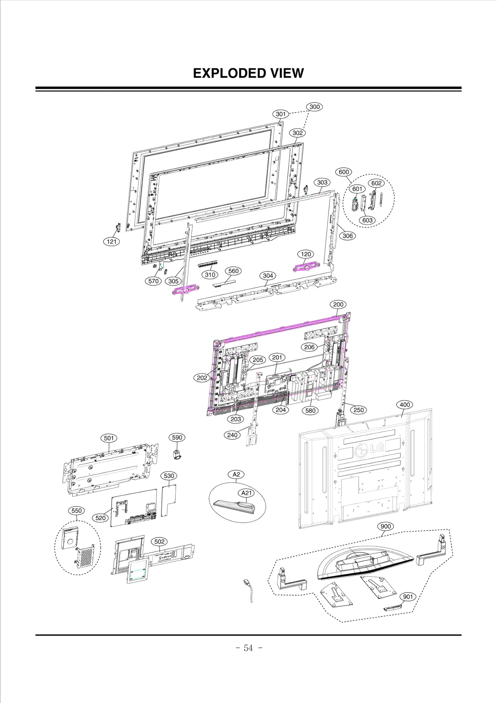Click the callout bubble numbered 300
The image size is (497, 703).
coord(314,107)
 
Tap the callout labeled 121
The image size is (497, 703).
coord(112,241)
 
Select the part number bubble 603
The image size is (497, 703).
coord(367,220)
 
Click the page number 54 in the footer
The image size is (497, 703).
coord(248,648)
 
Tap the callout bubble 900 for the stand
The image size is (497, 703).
coord(385,526)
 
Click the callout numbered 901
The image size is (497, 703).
coord(408,596)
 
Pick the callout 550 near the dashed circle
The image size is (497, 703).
coord(76,510)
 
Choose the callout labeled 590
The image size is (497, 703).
coord(177,438)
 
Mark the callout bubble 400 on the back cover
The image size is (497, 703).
coord(404,405)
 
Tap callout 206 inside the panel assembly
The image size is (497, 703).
coord(309,347)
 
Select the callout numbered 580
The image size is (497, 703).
coord(310,410)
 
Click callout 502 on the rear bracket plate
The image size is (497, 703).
coord(159,542)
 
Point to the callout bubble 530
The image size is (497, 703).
coord(169,476)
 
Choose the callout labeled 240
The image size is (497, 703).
coord(232,435)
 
